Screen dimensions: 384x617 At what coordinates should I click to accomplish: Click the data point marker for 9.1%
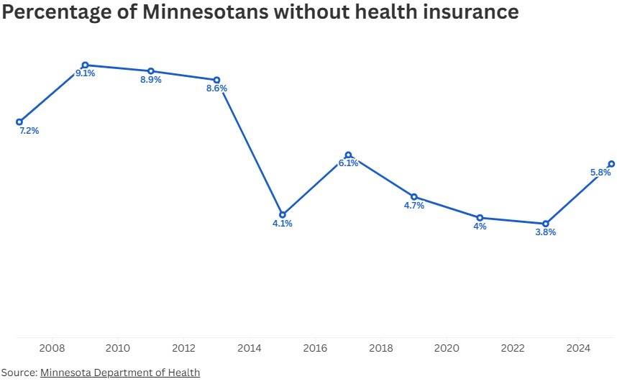click(85, 65)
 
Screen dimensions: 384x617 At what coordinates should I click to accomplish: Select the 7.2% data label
click(29, 131)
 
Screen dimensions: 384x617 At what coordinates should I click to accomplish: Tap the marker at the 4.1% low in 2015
click(283, 214)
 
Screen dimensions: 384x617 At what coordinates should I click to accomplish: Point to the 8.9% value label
click(151, 80)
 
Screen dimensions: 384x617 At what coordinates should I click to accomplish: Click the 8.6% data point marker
click(216, 80)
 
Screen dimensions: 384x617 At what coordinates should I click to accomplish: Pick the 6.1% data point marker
click(348, 155)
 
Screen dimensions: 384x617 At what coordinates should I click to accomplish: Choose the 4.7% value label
click(414, 206)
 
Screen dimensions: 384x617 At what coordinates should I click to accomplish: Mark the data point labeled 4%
click(480, 217)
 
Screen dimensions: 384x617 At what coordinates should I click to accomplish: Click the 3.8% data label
click(546, 232)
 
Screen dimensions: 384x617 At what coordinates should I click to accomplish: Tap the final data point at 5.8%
click(611, 163)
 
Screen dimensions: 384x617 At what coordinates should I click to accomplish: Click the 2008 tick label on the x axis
click(52, 349)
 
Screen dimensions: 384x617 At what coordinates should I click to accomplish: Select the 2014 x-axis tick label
click(250, 349)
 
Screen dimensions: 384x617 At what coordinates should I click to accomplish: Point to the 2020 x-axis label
click(447, 349)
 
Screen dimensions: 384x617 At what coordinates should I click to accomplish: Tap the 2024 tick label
click(578, 349)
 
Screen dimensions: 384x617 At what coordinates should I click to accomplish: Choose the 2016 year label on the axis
click(315, 349)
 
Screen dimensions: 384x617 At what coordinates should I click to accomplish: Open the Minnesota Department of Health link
click(120, 372)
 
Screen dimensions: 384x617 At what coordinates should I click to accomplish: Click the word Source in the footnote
click(18, 372)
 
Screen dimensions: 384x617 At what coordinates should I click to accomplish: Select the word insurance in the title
click(464, 12)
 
